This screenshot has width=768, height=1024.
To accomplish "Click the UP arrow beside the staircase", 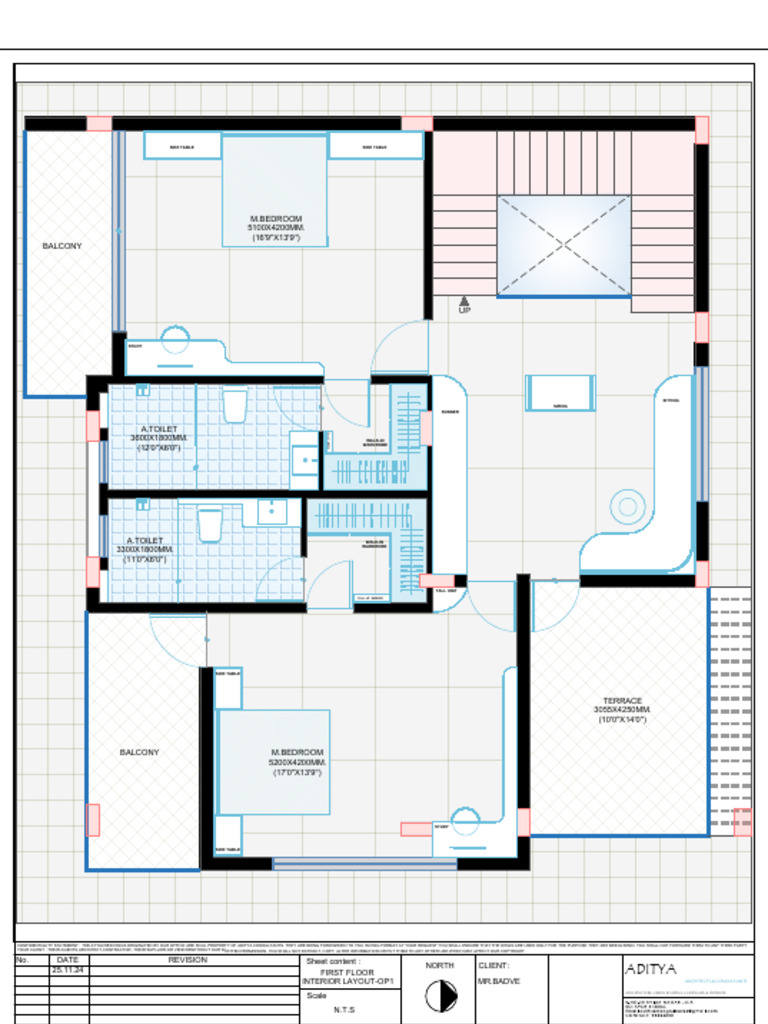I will (x=464, y=301).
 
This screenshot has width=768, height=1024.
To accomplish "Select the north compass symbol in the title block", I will (x=436, y=996).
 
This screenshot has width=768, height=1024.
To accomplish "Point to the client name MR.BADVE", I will (x=499, y=983).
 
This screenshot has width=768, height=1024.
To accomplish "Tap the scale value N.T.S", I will (x=344, y=1009).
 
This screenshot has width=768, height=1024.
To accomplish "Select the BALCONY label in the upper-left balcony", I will (x=62, y=245).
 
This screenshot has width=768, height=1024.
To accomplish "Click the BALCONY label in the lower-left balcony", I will (x=139, y=752).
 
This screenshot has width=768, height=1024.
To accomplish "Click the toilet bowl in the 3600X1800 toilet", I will (x=234, y=406).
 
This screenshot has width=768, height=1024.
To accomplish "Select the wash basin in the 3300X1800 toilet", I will (x=272, y=511).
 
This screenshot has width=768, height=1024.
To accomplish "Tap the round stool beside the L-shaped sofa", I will (x=627, y=506).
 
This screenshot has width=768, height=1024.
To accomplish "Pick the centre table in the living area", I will (x=560, y=393).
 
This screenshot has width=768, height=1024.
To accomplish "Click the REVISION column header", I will (x=188, y=960).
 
